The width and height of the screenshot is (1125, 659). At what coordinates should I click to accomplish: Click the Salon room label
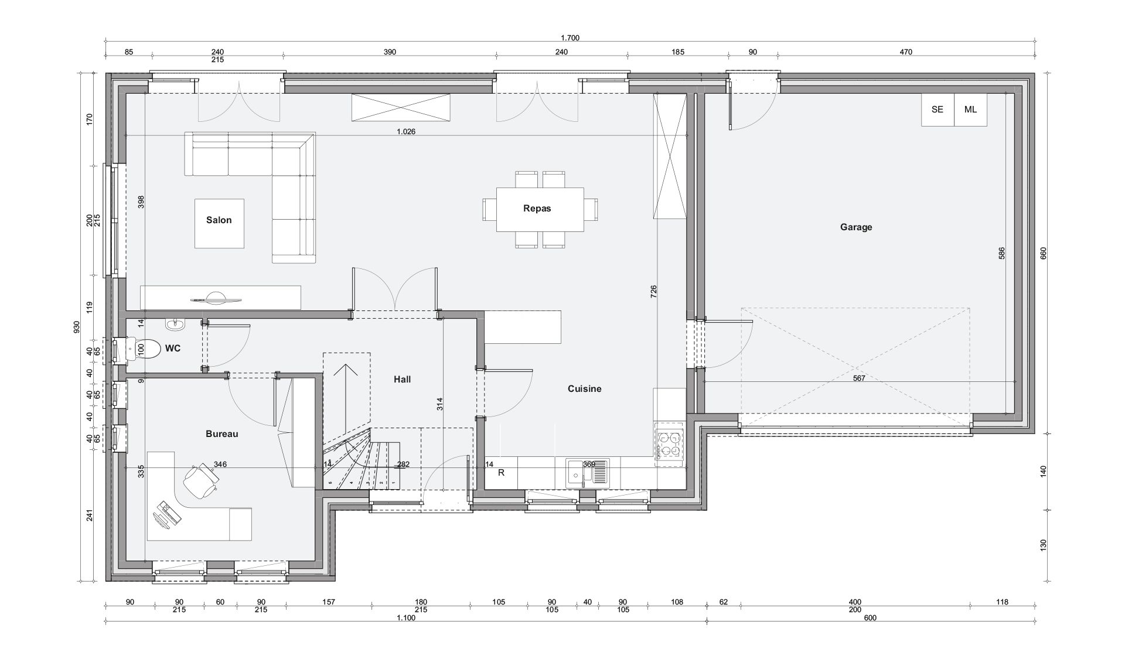219,220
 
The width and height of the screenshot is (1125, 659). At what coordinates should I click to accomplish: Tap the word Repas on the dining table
537,208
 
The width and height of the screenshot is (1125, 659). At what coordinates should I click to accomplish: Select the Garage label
856,227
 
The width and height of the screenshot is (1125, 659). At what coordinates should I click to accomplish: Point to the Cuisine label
584,389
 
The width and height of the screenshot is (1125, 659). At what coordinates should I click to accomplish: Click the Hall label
402,380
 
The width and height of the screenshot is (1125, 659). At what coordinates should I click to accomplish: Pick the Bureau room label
221,434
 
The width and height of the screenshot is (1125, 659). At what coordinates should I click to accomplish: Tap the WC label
173,349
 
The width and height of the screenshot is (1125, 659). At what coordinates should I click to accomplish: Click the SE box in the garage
937,110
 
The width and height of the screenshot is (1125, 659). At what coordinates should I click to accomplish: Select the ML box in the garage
970,110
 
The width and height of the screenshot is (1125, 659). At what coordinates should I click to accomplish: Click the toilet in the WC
143,349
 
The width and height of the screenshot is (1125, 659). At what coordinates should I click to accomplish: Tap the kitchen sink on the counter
588,473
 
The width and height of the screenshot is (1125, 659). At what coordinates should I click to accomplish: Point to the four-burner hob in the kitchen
669,443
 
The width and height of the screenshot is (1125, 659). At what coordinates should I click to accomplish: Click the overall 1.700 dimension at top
570,38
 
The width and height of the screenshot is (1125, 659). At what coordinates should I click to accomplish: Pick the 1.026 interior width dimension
405,132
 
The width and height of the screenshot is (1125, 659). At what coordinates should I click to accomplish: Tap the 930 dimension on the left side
76,327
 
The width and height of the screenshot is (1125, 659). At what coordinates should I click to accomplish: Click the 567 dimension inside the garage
859,378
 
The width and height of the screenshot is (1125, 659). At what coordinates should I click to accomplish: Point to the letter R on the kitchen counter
501,473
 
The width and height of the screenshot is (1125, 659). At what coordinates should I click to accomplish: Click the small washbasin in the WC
175,324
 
